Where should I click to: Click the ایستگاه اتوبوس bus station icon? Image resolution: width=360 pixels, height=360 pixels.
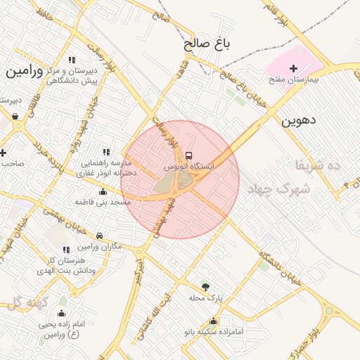(188, 155)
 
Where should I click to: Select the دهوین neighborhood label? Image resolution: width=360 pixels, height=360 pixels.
(299, 120)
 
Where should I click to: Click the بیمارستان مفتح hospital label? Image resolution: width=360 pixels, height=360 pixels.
(294, 80)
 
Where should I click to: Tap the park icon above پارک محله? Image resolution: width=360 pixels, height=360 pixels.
(205, 286)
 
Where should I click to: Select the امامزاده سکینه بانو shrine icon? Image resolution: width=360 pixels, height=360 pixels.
(213, 321)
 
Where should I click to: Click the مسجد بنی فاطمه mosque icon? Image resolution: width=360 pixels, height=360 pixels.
(103, 191)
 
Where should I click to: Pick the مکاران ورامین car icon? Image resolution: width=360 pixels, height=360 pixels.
(100, 236)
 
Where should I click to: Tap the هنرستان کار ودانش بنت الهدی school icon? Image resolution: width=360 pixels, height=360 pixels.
(66, 250)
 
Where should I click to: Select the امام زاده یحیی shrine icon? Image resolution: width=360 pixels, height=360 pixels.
(61, 314)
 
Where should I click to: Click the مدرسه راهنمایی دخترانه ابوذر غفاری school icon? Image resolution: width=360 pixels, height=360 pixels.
(106, 152)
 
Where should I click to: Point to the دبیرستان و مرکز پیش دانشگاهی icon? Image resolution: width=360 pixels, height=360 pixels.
(72, 60)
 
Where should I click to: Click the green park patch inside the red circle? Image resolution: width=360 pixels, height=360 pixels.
(164, 184)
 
